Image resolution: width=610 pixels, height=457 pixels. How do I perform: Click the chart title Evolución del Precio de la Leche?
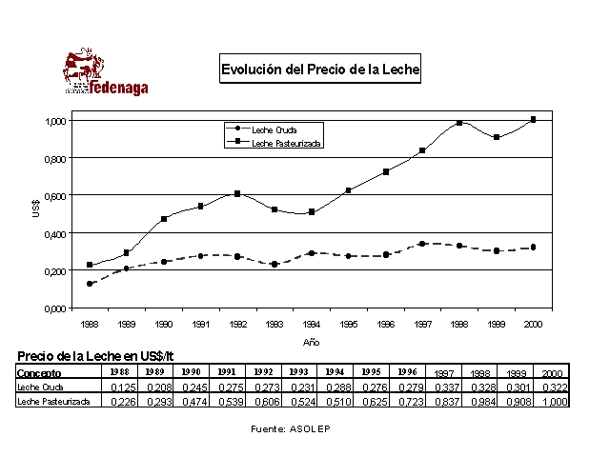(320, 70)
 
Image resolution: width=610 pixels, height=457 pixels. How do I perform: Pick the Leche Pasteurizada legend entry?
(285, 143)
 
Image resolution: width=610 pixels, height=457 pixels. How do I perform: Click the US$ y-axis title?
(36, 209)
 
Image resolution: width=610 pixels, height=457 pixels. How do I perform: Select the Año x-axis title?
(311, 341)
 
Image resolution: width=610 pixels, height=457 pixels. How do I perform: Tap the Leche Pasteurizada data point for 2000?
(533, 120)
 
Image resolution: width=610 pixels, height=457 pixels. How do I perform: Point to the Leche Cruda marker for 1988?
(90, 284)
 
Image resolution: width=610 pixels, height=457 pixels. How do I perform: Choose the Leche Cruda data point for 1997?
(422, 244)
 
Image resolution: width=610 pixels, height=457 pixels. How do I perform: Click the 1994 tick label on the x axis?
(312, 324)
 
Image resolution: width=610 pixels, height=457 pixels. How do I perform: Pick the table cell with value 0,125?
(119, 388)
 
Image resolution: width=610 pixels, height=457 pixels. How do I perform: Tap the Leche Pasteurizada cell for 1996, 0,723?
(408, 403)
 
